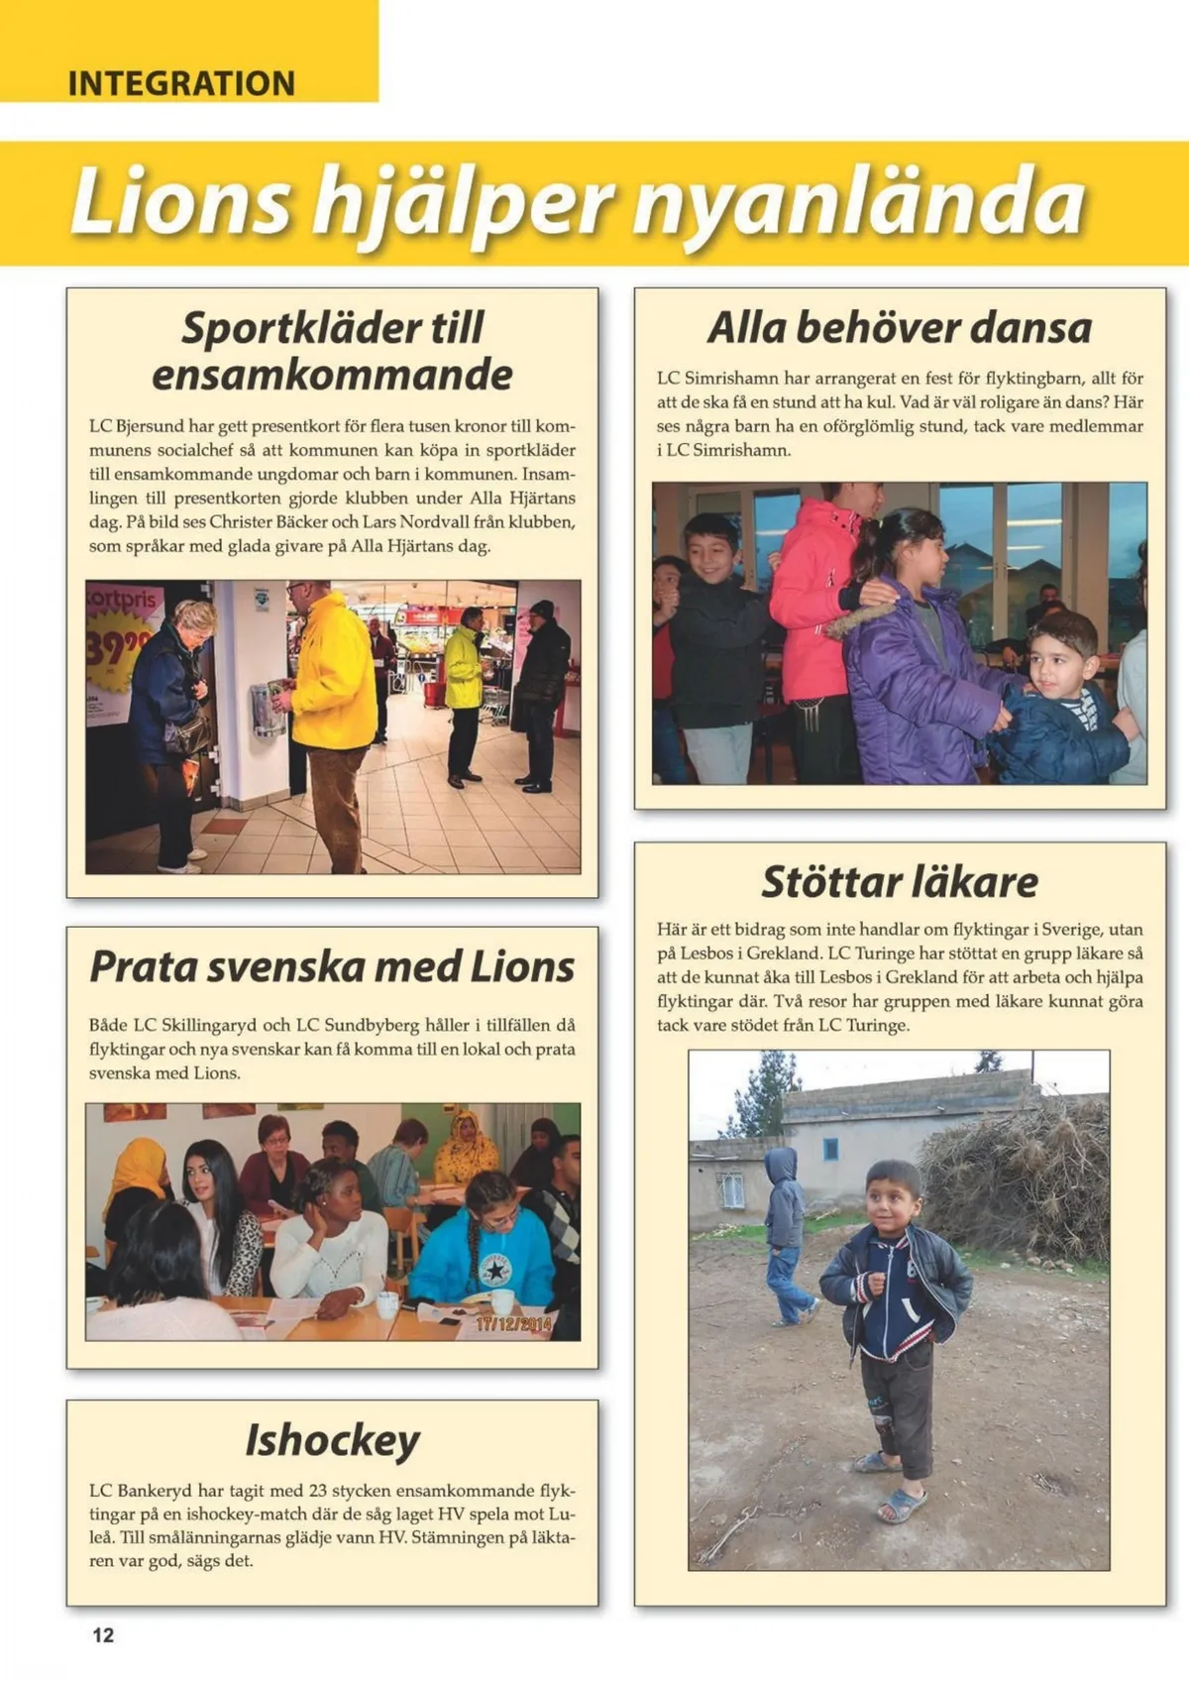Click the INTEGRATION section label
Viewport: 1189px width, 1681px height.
coord(181,83)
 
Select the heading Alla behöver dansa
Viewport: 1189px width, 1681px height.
coord(900,328)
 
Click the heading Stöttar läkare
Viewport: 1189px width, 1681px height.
coord(900,881)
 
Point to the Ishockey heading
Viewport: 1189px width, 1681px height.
coord(333,1440)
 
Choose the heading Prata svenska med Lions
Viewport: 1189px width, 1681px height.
coord(332,966)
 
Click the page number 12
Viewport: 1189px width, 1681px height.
coord(103,1635)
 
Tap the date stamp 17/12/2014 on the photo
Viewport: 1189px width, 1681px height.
coord(513,1323)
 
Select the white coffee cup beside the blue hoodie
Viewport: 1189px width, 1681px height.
coord(502,1301)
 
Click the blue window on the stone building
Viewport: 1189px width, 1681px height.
coord(830,1149)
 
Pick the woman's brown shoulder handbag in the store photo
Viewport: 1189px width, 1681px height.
coord(190,733)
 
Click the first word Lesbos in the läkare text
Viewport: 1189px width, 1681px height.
coord(707,953)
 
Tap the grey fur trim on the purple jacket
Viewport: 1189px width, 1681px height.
coord(860,621)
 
